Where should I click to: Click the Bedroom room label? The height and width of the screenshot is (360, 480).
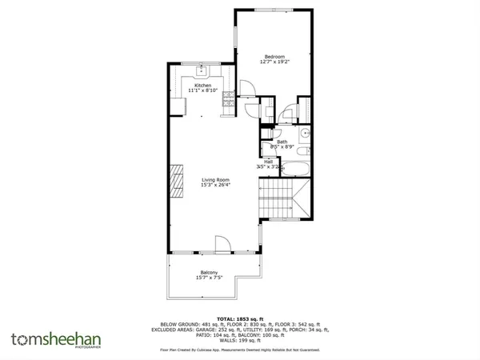tap(275, 56)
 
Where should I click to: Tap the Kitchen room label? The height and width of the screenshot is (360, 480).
tap(202, 85)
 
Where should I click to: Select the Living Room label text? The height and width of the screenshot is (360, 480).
tap(215, 180)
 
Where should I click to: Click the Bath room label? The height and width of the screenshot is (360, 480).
tap(282, 142)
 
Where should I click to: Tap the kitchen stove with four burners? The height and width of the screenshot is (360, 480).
tap(229, 99)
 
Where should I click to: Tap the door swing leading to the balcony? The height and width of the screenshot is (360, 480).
tap(223, 244)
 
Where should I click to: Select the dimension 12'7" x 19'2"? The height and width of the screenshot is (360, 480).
tap(275, 62)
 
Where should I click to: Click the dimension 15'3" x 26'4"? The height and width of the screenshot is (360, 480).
tap(215, 186)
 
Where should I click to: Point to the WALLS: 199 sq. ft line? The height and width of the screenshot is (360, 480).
tap(241, 338)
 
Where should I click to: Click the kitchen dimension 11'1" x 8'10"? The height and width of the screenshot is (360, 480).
tap(202, 90)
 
